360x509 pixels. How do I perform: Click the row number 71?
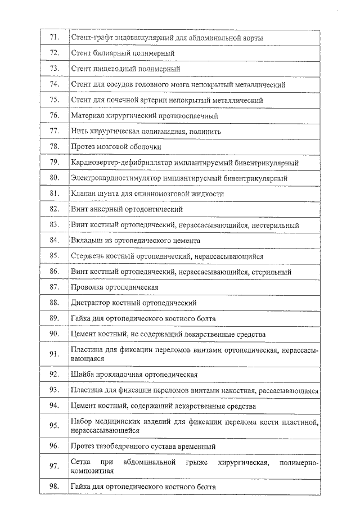pos(55,38)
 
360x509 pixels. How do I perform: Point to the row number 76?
pos(55,115)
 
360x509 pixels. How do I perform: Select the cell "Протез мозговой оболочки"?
pos(116,147)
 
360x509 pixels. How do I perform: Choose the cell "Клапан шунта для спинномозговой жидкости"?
pos(147,194)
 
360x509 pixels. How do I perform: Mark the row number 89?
pos(55,318)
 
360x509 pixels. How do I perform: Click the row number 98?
pos(55,486)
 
